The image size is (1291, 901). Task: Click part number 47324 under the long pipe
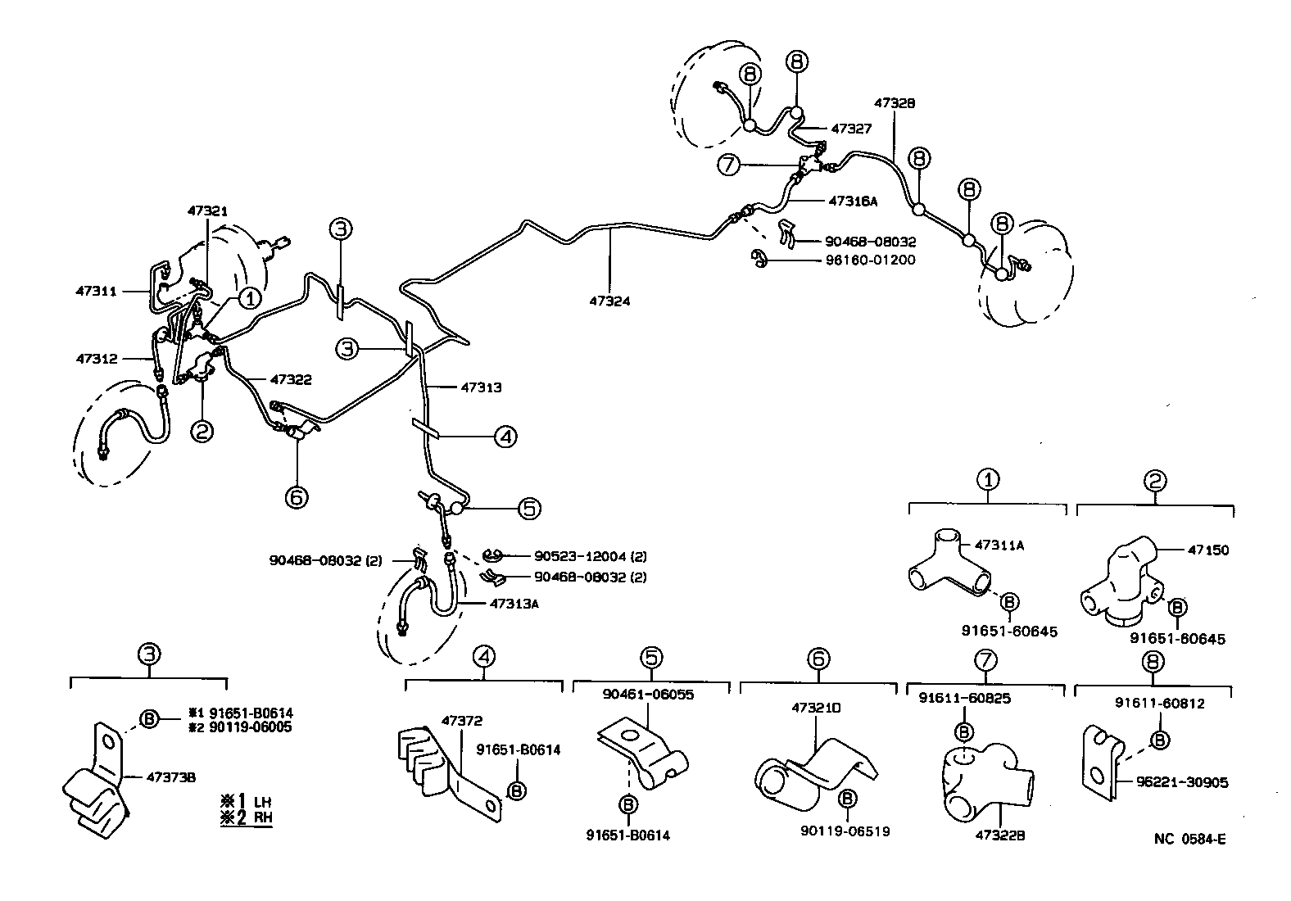(609, 301)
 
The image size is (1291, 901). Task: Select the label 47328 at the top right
(894, 104)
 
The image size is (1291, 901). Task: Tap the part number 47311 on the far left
(96, 291)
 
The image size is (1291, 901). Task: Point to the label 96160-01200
(870, 260)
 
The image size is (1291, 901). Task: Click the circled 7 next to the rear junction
(728, 165)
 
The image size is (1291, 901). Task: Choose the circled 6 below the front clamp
(297, 496)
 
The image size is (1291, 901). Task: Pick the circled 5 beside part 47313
(529, 509)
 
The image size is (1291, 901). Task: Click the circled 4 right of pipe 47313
(505, 437)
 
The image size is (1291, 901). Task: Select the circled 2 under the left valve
(202, 429)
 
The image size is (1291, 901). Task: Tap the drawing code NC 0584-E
(1189, 838)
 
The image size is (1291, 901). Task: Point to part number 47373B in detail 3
(170, 776)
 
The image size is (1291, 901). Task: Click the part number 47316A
(853, 200)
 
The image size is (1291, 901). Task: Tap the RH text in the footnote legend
(262, 817)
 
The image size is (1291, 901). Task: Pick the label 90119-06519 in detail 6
(845, 831)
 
